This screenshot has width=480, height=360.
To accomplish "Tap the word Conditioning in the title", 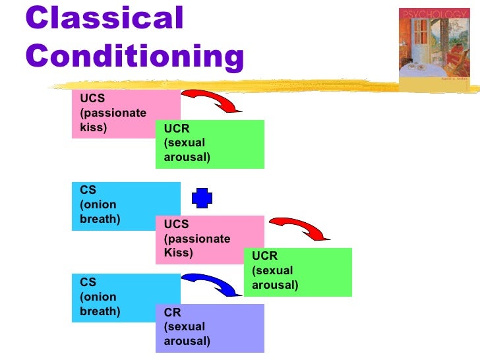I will [135, 58].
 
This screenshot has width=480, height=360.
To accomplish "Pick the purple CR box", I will [210, 328].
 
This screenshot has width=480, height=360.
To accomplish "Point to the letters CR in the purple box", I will [172, 313].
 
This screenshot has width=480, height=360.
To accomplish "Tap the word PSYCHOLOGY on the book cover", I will [435, 13].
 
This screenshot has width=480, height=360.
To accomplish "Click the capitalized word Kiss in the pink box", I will [178, 253].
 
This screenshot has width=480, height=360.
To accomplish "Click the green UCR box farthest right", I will [298, 272].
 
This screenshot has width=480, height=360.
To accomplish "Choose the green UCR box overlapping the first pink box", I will [210, 144].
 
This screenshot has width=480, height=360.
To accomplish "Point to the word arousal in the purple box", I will [187, 341].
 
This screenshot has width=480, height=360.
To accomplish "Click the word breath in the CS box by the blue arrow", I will [100, 311].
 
